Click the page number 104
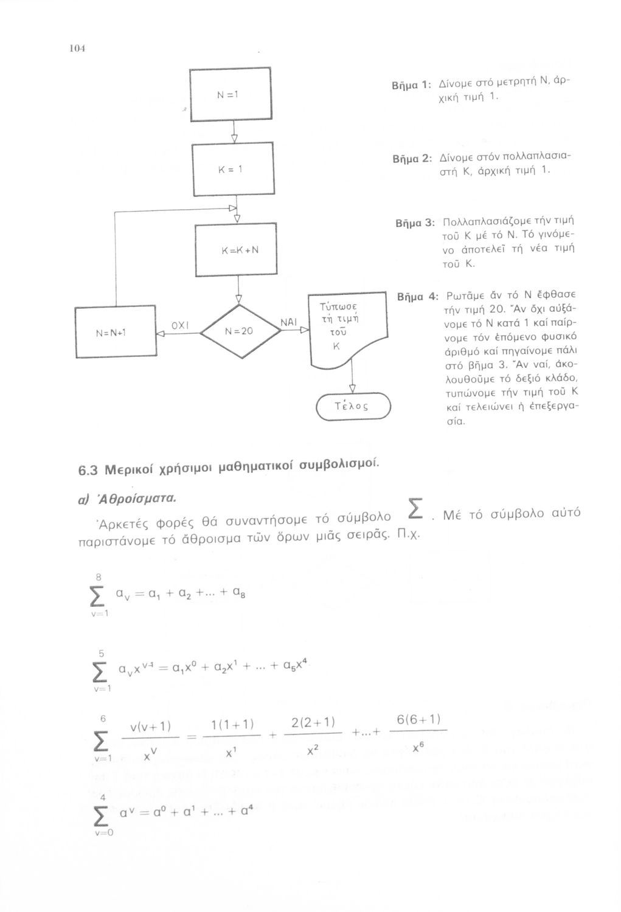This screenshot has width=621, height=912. [76, 49]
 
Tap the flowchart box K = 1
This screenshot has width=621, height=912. [232, 170]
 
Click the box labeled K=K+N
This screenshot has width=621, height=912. [236, 249]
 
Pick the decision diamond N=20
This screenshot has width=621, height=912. [238, 332]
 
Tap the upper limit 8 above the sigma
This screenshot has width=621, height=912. [98, 576]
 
